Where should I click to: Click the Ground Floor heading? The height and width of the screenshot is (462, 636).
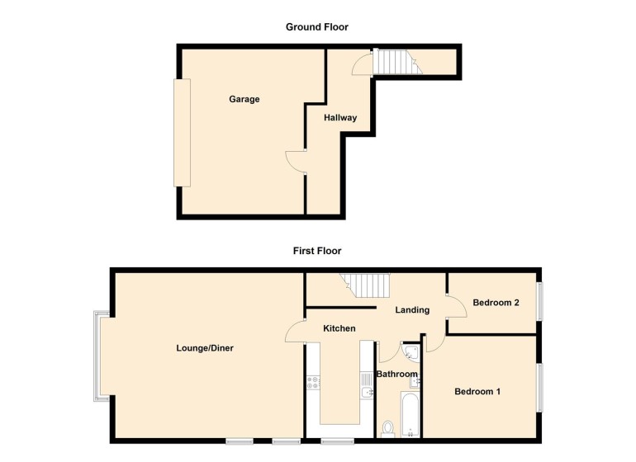pos(317,27)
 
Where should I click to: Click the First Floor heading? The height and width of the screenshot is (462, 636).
pos(317,251)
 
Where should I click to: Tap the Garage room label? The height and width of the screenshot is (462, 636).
pos(244,100)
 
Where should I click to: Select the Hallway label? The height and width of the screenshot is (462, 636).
pos(340,118)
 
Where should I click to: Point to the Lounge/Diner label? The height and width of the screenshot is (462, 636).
pos(205,348)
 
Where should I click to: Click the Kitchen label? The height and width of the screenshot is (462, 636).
pos(339,328)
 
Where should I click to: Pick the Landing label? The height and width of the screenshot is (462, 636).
pos(412,310)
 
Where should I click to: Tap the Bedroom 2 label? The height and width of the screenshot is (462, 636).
pos(496,303)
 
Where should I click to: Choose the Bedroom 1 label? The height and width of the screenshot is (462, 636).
pos(477,392)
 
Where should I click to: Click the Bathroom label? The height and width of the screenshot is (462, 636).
pos(396,375)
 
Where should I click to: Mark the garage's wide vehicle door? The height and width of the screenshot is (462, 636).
pos(182,132)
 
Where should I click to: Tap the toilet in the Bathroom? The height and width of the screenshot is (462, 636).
pos(388,427)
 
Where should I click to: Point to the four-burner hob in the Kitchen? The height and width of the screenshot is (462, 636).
pos(313,382)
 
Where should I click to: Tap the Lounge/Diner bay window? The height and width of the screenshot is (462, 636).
pos(100,356)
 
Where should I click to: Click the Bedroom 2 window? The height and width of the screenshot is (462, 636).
pos(542,302)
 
